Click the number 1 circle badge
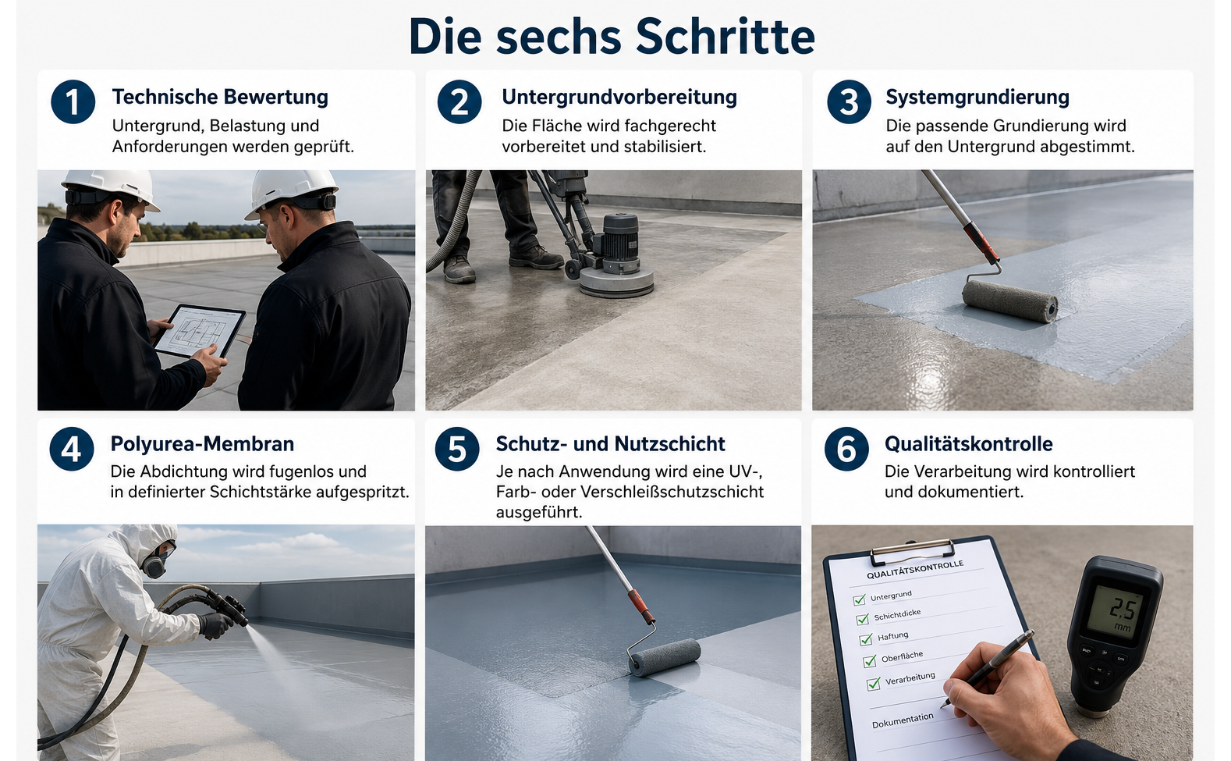tap(73, 101)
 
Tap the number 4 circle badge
tap(72, 449)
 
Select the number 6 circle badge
tap(846, 449)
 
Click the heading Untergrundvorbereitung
tap(619, 97)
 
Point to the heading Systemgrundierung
tap(977, 97)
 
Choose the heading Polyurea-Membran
tap(202, 444)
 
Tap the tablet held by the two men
tap(200, 331)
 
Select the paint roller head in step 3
tap(1009, 300)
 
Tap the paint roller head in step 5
tap(665, 656)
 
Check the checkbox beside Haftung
tap(866, 639)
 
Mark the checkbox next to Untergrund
tap(859, 599)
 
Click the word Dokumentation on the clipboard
tap(903, 720)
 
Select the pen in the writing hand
tap(987, 669)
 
